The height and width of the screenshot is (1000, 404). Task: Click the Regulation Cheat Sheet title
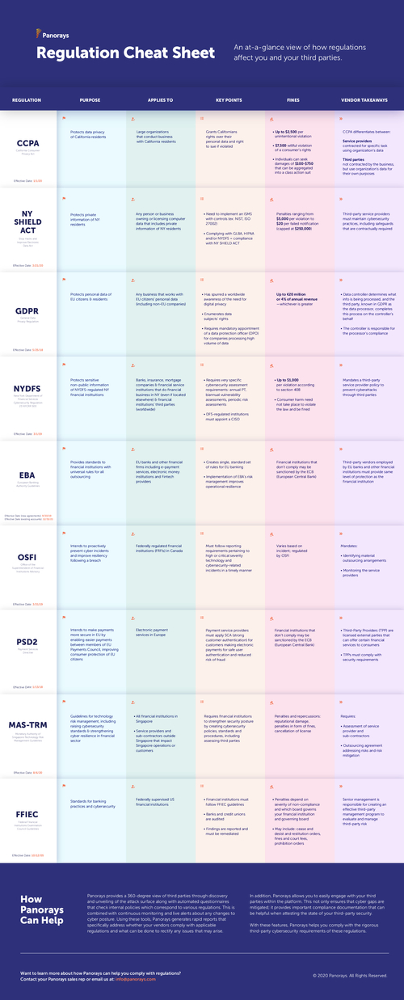coord(125,53)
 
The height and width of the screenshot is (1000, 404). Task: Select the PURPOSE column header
coord(90,100)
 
